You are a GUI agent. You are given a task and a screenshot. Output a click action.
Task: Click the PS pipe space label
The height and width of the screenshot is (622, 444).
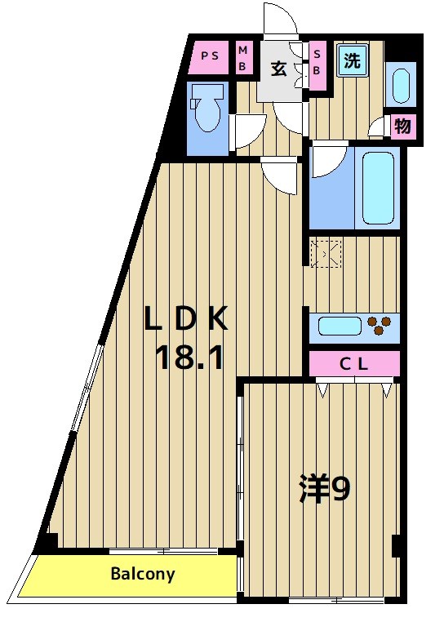pos(210,56)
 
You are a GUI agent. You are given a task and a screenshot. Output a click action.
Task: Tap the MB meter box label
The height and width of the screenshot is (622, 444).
pos(243,59)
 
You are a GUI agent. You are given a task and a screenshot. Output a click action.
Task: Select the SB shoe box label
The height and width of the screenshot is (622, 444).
pos(317,60)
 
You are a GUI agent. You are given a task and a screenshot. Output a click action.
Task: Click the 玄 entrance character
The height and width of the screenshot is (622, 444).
pos(279,69)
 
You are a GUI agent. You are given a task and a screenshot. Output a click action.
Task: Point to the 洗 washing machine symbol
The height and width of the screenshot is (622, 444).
pos(352,60)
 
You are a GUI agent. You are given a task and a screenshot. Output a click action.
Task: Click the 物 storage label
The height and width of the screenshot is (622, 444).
pos(402,127)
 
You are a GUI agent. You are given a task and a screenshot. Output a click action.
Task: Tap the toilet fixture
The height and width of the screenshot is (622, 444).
pos(206,112)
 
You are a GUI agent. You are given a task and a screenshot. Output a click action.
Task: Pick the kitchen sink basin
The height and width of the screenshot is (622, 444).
pos(339,327)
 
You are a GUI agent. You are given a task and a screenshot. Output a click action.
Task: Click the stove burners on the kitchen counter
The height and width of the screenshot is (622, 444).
pos(378,327)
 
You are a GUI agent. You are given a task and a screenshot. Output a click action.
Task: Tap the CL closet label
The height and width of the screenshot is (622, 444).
pos(354,364)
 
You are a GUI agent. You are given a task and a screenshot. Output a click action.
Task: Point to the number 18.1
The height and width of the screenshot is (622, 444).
pos(189,357)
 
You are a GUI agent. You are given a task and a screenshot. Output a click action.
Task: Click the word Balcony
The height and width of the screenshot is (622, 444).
pos(143,574)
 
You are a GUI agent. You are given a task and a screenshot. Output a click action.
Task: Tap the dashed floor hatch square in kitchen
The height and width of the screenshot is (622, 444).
pos(325,254)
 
